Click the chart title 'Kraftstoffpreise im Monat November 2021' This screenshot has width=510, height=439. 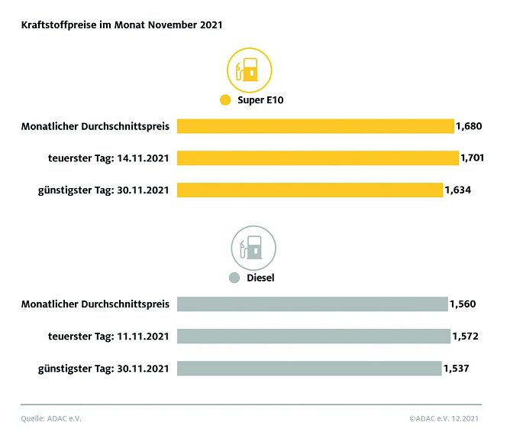click(x=121, y=25)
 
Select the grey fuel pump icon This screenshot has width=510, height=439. click(x=253, y=248)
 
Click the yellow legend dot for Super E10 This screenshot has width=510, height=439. click(x=224, y=100)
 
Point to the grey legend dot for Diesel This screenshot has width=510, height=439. click(x=234, y=278)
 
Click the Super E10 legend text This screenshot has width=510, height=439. click(x=260, y=100)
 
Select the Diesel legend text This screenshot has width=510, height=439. click(x=260, y=278)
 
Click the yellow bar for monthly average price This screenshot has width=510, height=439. click(x=315, y=126)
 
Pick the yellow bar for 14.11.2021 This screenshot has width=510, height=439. click(x=318, y=158)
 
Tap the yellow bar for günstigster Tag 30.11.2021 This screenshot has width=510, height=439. click(x=309, y=190)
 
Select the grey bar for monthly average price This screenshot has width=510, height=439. click(x=311, y=304)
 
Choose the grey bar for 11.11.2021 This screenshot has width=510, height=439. click(x=313, y=337)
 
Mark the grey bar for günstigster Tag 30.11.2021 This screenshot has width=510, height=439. click(x=309, y=368)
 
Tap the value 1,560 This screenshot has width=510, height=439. click(x=462, y=304)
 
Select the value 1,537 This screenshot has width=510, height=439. click(x=456, y=368)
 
